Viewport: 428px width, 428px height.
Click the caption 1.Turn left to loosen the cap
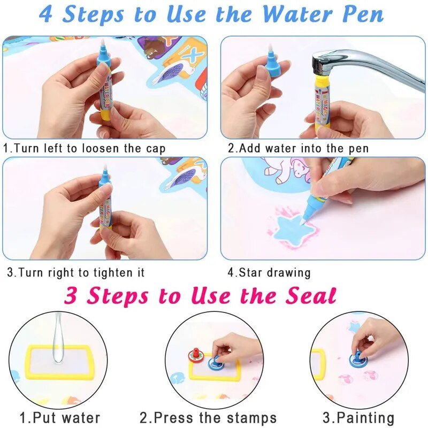pyautogui.click(x=85, y=148)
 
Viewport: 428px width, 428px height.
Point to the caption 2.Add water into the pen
pyautogui.click(x=298, y=148)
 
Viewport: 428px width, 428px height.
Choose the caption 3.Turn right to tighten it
pyautogui.click(x=76, y=272)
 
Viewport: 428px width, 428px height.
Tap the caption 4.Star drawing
pyautogui.click(x=269, y=272)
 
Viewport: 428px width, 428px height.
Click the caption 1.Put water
pyautogui.click(x=59, y=417)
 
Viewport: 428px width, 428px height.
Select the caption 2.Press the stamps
pyautogui.click(x=208, y=417)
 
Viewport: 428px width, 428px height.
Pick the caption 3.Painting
pyautogui.click(x=358, y=417)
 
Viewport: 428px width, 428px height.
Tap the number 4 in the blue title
pyautogui.click(x=47, y=14)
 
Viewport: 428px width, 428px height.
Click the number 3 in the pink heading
pyautogui.click(x=73, y=295)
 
